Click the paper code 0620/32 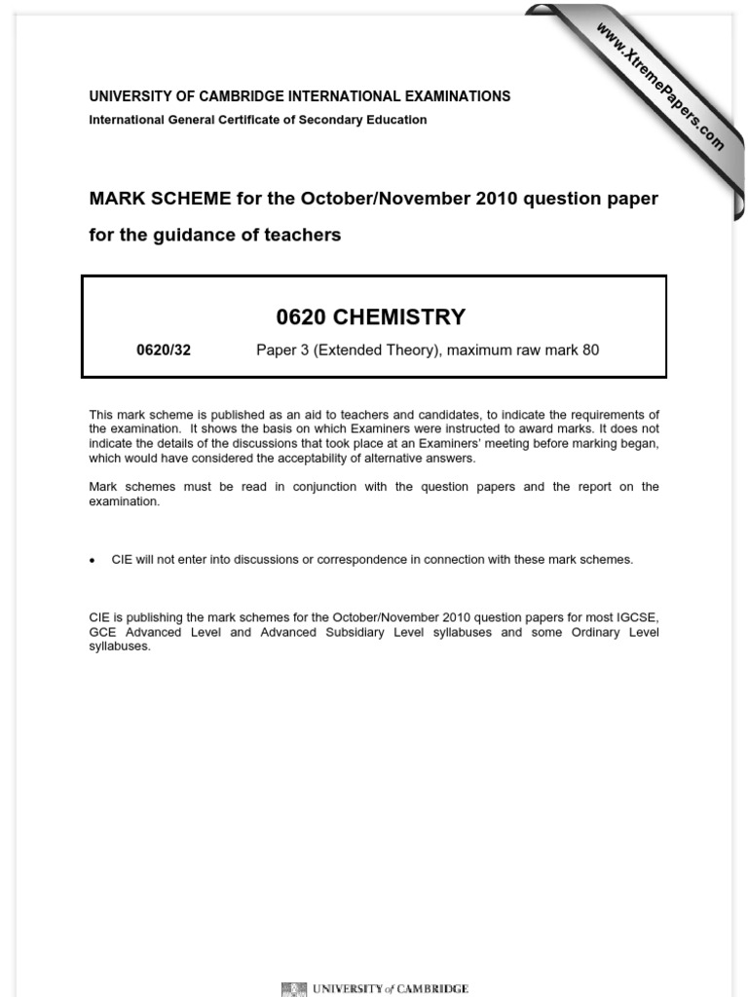point(164,351)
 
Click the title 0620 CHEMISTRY point(374,317)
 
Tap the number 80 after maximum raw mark point(590,351)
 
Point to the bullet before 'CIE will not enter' point(93,561)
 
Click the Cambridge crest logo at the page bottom point(293,989)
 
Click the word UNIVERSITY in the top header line point(130,96)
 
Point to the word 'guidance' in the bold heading point(191,236)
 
